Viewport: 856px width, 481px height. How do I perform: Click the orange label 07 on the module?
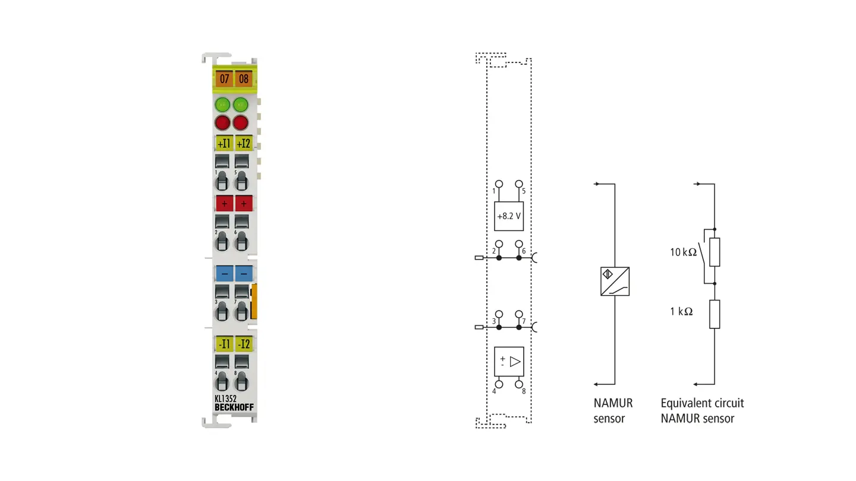coord(224,78)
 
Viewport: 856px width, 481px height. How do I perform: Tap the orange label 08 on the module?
coord(244,78)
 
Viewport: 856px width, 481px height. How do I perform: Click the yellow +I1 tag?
coord(224,143)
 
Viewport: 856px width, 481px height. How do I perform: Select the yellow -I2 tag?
coord(244,344)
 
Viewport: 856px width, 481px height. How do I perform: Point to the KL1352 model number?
coord(225,398)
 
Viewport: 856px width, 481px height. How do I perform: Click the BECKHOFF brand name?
coord(234,407)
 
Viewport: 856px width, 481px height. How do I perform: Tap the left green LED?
coord(222,105)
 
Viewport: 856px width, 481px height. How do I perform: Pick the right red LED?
coord(241,123)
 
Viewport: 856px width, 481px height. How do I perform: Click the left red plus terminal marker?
coord(224,204)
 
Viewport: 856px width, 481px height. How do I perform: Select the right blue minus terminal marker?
coord(244,274)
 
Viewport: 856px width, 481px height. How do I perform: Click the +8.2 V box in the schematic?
coord(509,216)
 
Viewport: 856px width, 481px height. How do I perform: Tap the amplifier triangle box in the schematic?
coord(509,362)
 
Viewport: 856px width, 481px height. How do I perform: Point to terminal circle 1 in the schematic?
coord(499,184)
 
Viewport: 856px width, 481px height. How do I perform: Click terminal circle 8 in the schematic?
coord(518,384)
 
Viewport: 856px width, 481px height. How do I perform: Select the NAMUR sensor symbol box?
coord(615,281)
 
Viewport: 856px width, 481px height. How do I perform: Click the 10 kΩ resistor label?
coord(683,252)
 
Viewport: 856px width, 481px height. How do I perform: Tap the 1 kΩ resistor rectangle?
coord(715,314)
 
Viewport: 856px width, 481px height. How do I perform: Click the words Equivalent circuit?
coord(702,403)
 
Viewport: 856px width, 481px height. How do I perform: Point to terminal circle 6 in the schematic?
coord(518,244)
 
